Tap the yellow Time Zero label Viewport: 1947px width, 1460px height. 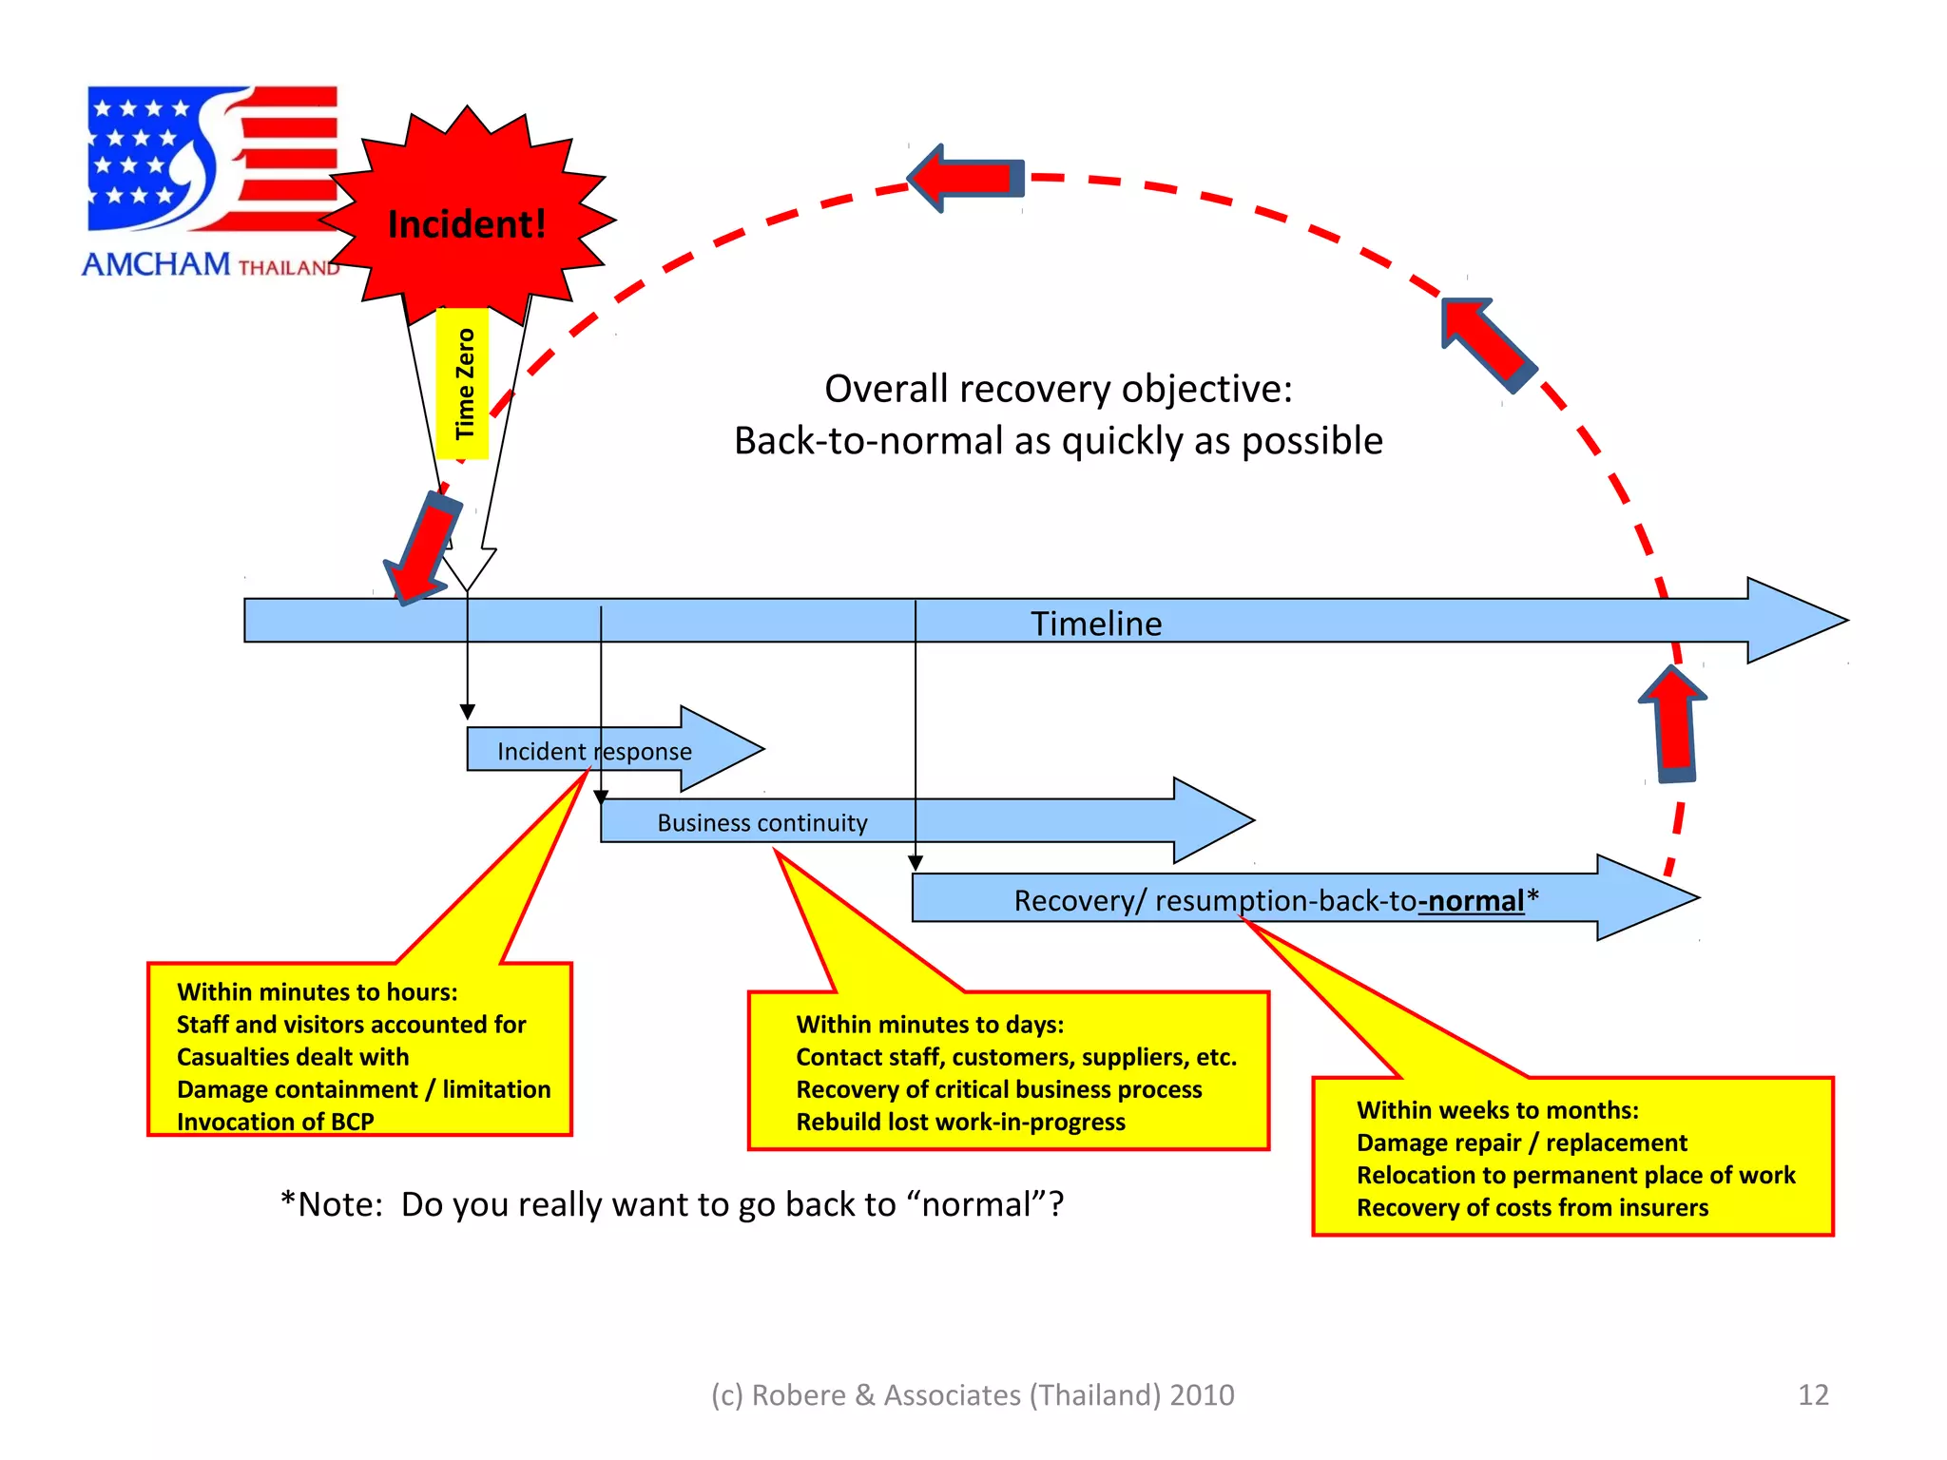click(463, 383)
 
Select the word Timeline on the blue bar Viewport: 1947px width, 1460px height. click(1095, 624)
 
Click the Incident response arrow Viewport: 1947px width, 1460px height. click(594, 751)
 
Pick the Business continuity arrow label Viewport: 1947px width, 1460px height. click(761, 822)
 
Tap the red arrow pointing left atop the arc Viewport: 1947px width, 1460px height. click(965, 178)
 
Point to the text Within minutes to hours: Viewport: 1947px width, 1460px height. click(317, 991)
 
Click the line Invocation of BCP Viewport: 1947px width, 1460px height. click(275, 1122)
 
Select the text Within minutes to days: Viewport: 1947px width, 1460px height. click(930, 1024)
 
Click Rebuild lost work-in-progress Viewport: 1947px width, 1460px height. click(960, 1122)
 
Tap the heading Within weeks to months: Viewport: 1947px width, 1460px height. click(1497, 1109)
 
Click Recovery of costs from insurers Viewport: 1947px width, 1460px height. click(1532, 1207)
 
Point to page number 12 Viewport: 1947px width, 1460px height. click(1813, 1394)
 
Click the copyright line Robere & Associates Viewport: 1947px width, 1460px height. click(972, 1394)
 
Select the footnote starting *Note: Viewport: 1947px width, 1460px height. click(671, 1204)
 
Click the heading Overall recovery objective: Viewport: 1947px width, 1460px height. click(1057, 389)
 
